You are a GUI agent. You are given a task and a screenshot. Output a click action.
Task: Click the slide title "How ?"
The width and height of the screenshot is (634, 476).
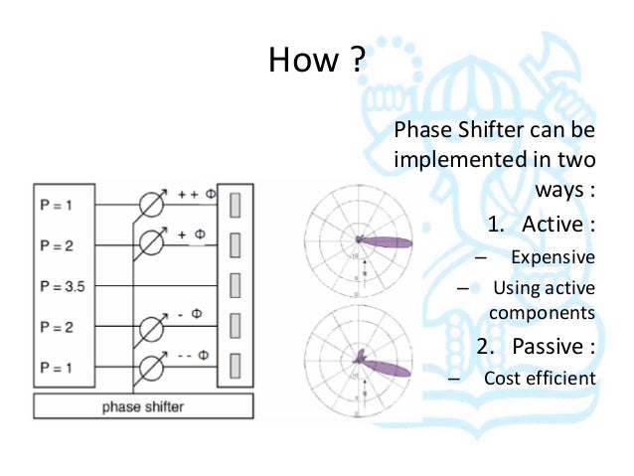[x=317, y=62]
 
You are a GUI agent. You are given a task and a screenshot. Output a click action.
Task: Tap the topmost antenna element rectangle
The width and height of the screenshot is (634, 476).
[x=235, y=205]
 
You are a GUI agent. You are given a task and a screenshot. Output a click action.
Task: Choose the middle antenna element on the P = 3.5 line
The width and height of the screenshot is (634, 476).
[x=235, y=286]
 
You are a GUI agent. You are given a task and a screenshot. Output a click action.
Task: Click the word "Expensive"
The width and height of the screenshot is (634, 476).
[x=553, y=257]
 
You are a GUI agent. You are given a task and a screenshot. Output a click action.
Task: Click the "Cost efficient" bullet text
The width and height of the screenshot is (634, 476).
[x=540, y=378]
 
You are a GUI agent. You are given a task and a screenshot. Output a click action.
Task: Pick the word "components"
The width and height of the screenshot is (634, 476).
[x=542, y=312]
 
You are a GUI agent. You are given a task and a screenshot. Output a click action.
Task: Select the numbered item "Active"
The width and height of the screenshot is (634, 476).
[x=553, y=223]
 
